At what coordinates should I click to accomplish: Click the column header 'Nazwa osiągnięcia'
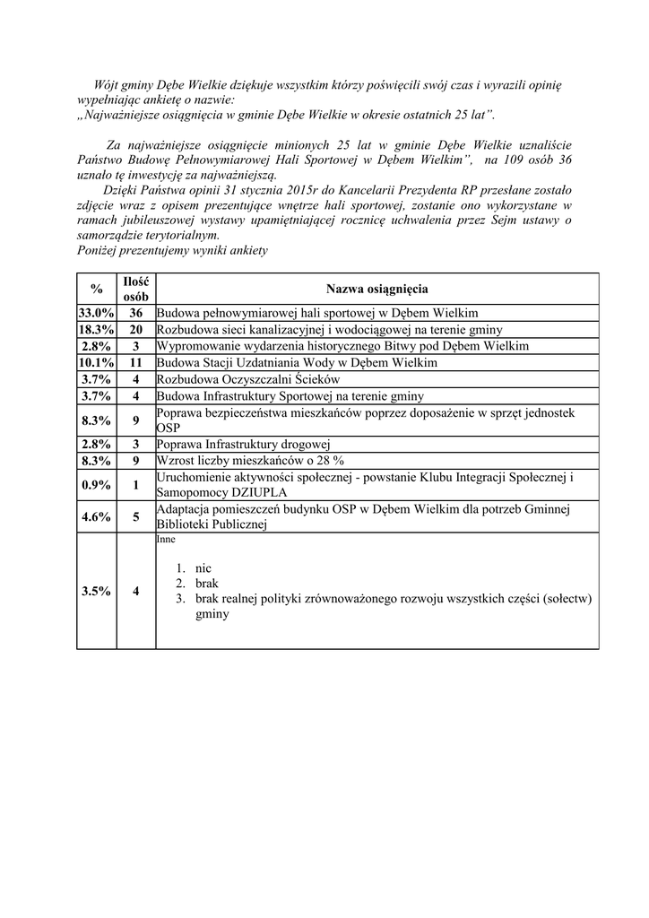(376, 289)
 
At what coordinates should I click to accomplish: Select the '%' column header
(96, 289)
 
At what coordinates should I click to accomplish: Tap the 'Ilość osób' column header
(136, 289)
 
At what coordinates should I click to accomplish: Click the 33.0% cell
(96, 313)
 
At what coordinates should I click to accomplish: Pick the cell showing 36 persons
(136, 313)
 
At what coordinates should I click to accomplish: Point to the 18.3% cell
(96, 330)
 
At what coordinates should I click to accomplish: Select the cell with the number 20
(136, 330)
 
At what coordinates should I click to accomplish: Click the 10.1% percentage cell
(96, 362)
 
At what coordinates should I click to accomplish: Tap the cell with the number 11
(136, 362)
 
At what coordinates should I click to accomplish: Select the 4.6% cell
(96, 516)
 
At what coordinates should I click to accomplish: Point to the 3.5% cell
(96, 591)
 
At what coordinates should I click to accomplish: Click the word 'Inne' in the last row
(166, 541)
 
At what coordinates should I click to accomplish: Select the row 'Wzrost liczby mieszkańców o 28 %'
(250, 460)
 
